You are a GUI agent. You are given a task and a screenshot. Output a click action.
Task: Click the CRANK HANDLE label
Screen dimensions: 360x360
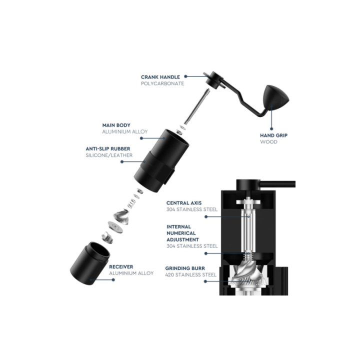160,77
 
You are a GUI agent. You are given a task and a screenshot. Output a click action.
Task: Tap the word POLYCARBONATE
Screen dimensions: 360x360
162,83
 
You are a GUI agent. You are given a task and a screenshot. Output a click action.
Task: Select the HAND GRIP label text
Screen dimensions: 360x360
273,135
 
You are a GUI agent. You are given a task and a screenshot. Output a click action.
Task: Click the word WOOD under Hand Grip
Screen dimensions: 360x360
268,142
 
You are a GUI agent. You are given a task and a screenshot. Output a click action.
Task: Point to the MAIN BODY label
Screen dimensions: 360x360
116,125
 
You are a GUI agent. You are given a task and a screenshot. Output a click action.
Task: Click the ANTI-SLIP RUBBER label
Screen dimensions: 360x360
108,149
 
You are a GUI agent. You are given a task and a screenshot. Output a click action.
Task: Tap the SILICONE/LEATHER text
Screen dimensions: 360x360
109,155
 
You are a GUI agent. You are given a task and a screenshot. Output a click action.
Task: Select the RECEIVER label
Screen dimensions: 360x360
121,267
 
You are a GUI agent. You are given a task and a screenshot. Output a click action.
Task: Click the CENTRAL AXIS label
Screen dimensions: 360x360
184,203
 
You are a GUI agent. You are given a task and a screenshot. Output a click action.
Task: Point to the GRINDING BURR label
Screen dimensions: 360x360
185,268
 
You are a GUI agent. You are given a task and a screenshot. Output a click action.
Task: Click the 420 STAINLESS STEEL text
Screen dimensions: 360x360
191,275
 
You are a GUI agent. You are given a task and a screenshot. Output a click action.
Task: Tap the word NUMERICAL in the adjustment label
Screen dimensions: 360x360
181,233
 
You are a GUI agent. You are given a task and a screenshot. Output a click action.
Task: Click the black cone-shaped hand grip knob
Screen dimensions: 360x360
275,97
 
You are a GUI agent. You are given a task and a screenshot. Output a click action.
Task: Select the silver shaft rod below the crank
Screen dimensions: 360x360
196,107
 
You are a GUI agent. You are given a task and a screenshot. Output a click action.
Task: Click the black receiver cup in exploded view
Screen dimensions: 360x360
90,263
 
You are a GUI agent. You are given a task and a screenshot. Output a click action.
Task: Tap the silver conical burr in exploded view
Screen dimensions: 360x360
121,217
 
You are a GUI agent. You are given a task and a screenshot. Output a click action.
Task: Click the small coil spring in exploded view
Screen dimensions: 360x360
132,203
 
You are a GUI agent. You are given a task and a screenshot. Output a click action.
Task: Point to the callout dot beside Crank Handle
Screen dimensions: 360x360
185,76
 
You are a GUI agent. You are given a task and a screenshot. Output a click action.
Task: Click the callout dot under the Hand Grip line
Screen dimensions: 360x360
271,129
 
